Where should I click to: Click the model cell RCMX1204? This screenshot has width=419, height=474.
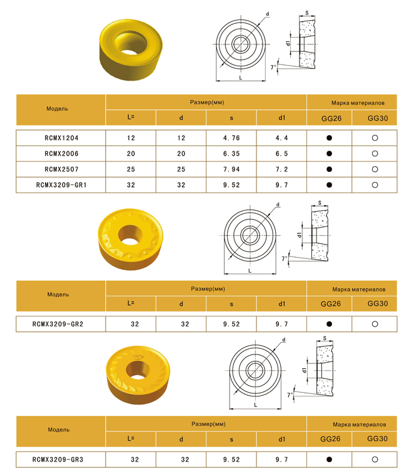[61, 138]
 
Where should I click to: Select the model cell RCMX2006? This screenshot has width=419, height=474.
[61, 154]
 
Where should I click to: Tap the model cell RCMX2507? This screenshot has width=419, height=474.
[61, 169]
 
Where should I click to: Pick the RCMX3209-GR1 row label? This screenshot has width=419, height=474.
[61, 185]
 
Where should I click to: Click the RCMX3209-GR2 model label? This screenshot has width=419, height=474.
[58, 324]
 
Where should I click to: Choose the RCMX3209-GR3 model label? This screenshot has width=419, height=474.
[58, 460]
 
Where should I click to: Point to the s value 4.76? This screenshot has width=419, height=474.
[231, 138]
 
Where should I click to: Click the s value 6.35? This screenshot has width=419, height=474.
[231, 154]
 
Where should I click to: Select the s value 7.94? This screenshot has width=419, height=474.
[231, 169]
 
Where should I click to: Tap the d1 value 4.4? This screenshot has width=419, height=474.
[281, 138]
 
